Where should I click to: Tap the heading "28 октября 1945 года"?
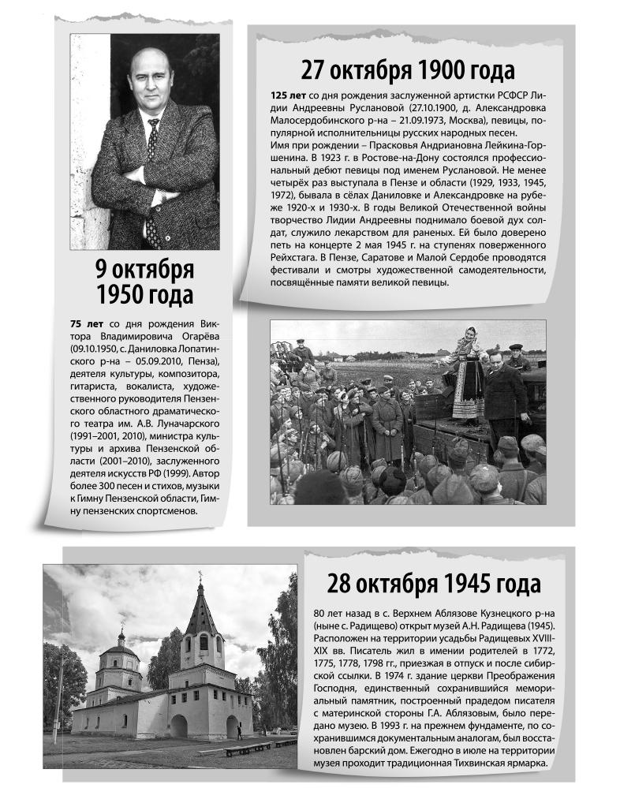(434, 584)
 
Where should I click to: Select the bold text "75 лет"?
(87, 323)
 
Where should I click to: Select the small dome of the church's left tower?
(121, 637)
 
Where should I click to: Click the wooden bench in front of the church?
(246, 747)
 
